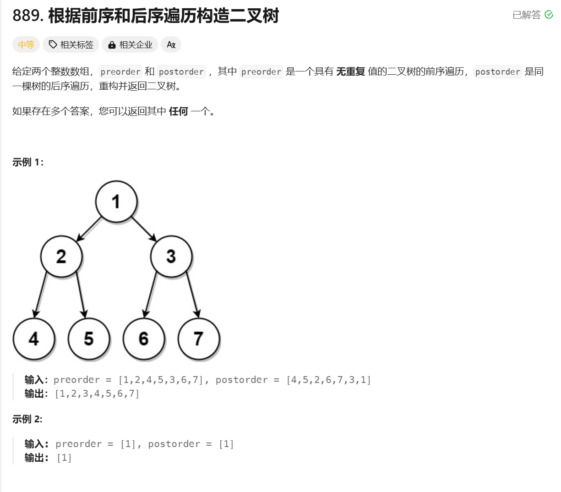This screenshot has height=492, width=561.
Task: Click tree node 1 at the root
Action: click(116, 202)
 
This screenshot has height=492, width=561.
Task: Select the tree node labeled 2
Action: click(61, 257)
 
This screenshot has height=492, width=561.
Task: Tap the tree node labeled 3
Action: click(171, 257)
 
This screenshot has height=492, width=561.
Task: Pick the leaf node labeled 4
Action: click(34, 339)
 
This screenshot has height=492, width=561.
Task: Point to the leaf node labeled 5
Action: click(89, 339)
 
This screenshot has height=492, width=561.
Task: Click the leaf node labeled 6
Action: click(144, 339)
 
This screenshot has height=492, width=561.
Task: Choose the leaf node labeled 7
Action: click(198, 339)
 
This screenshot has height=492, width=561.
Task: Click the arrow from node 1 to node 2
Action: click(89, 229)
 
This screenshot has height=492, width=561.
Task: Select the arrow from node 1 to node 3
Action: click(144, 229)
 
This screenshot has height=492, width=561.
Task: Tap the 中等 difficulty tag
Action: click(26, 44)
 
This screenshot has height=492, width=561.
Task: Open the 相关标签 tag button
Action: click(71, 44)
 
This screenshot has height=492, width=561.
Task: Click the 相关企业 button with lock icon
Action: click(130, 44)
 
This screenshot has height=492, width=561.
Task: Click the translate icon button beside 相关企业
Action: click(171, 44)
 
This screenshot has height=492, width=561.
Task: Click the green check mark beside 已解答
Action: click(549, 15)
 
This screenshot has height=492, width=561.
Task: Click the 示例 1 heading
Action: click(28, 162)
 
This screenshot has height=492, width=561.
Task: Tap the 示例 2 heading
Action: click(27, 419)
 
